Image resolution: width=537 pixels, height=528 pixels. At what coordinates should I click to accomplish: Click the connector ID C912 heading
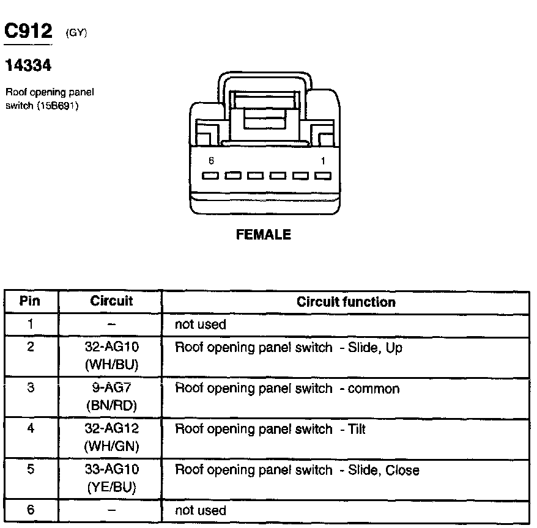(x=29, y=31)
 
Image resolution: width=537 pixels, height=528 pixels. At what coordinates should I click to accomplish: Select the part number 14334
(x=28, y=64)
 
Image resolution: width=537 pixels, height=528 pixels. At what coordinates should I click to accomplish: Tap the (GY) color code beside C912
(x=76, y=34)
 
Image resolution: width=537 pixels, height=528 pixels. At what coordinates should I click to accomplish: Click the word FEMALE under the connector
(x=264, y=235)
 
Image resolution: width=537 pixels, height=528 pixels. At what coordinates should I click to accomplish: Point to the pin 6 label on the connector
(x=211, y=161)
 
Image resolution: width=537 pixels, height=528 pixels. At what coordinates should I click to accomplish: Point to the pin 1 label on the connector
(x=323, y=161)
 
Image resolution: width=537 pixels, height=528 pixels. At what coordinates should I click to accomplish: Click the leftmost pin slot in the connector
(x=211, y=176)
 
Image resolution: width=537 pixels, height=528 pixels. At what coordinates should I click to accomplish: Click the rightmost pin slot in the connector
(x=323, y=176)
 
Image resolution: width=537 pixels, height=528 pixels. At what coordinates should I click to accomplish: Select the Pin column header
(x=30, y=301)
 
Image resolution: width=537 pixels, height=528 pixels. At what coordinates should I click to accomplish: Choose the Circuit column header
(x=111, y=301)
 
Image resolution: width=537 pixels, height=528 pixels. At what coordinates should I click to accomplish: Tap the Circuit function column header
(x=346, y=302)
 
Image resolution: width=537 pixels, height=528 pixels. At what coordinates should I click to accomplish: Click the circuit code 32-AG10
(x=111, y=348)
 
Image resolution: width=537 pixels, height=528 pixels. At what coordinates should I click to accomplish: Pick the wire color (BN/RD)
(x=111, y=406)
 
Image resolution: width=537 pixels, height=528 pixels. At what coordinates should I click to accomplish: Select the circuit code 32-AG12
(x=111, y=430)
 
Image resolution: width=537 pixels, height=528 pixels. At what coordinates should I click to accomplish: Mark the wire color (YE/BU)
(x=111, y=487)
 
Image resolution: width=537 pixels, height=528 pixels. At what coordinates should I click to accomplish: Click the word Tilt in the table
(x=356, y=430)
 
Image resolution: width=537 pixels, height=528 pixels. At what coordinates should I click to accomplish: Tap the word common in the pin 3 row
(x=373, y=389)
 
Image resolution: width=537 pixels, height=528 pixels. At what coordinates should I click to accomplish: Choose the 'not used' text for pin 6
(x=200, y=511)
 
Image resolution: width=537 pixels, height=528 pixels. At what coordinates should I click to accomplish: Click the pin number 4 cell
(x=30, y=429)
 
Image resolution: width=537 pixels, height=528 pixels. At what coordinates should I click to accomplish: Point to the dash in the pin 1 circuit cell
(x=111, y=325)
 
